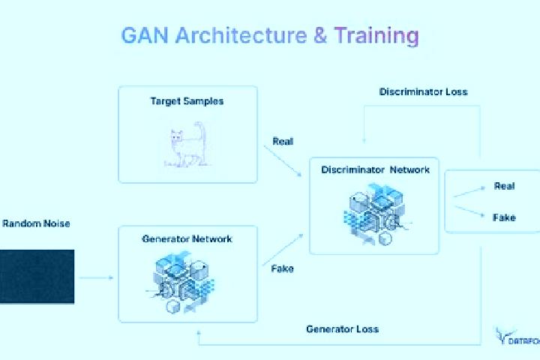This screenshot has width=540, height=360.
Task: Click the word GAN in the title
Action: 145,35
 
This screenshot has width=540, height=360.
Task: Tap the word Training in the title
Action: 376,36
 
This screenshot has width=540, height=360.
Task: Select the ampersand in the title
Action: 320,35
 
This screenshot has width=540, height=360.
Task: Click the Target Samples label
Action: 187,101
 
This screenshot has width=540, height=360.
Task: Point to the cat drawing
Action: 187,145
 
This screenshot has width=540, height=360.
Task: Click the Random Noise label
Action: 36,223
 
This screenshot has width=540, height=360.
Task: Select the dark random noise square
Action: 37,277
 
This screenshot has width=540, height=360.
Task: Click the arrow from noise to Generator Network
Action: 96,277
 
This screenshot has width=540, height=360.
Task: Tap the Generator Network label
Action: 187,238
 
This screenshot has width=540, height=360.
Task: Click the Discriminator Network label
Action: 376,169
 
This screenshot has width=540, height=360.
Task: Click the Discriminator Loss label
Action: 423,92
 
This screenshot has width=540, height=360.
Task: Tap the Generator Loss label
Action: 342,329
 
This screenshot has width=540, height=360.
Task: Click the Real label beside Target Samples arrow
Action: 283,141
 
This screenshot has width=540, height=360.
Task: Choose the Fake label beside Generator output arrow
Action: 283,268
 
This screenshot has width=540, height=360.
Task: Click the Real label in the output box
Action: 504,186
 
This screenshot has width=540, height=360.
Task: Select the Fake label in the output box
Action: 504,217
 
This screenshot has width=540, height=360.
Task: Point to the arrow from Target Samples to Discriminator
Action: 283,161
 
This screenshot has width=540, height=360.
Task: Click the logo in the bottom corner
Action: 517,337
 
